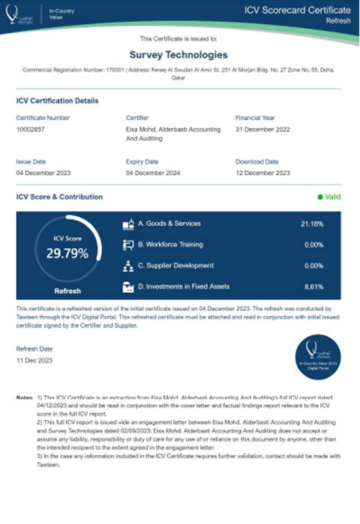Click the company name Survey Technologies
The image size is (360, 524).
(x=179, y=55)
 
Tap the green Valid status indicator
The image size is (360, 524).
(x=329, y=196)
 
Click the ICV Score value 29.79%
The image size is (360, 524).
(x=67, y=253)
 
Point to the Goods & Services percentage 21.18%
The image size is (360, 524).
(x=312, y=224)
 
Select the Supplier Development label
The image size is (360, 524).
(x=175, y=266)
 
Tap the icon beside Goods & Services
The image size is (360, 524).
(x=128, y=224)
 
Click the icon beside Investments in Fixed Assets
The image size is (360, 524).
(x=128, y=287)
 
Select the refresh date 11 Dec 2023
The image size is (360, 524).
(x=34, y=360)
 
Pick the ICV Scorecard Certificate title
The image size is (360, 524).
(x=297, y=10)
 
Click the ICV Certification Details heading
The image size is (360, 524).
(x=57, y=101)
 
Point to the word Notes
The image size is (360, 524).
(x=24, y=398)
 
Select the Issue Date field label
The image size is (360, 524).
(x=30, y=161)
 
